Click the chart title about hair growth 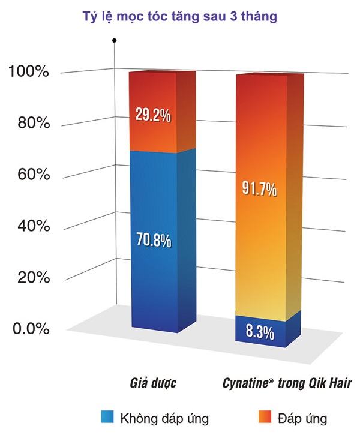tap(179, 17)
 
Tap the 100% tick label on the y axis tap(28, 73)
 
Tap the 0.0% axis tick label tap(28, 329)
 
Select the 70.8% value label tap(152, 242)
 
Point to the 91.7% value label tap(259, 190)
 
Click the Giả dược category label tap(152, 382)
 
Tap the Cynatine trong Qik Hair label tap(270, 382)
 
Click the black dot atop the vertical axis tap(114, 40)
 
